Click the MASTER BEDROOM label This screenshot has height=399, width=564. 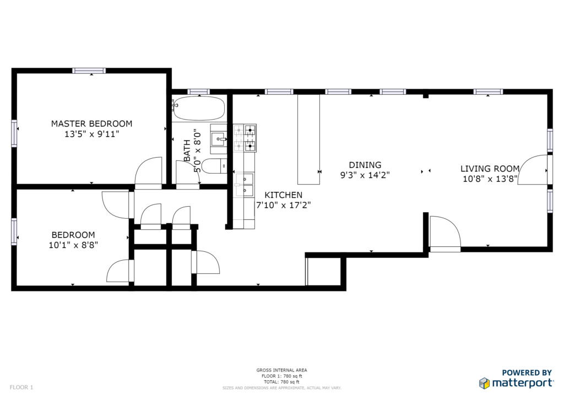coord(91,124)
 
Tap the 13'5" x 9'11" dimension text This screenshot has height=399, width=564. coord(91,134)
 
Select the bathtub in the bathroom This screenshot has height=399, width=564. coord(198,108)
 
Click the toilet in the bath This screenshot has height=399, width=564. coord(214,166)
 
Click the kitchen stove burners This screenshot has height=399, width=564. coord(245,138)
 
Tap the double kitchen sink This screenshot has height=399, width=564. coord(245,184)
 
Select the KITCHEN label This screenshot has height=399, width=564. coord(284,195)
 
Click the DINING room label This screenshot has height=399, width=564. coord(365,165)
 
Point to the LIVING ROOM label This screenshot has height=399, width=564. coord(490,169)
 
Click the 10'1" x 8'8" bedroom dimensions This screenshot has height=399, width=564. coord(73,245)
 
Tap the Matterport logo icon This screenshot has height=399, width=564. coord(484,383)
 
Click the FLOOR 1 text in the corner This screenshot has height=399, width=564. coord(21,387)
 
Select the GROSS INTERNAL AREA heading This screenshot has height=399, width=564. coord(281,370)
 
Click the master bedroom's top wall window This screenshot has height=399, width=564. coord(89,71)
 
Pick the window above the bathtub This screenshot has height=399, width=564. coord(198,91)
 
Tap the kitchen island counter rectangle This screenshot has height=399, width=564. coord(308,139)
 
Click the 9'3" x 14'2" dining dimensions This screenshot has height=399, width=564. coord(365,176)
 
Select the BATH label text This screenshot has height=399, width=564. coord(187,150)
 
